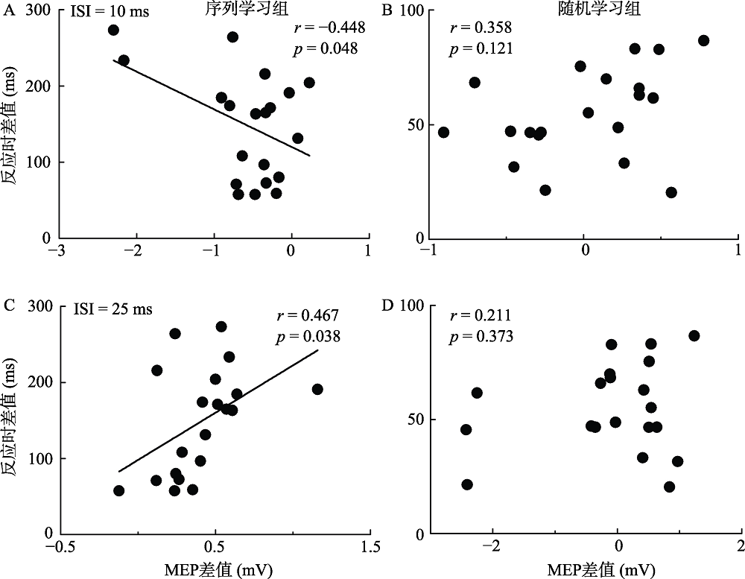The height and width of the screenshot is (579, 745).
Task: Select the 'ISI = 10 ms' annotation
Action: point(106,12)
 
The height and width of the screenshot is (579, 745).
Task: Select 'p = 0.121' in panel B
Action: point(481,50)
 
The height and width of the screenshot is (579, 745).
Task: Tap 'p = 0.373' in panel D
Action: point(481,337)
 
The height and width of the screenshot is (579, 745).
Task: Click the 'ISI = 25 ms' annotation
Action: point(112,309)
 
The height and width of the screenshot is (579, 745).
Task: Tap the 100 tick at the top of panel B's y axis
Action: point(410,11)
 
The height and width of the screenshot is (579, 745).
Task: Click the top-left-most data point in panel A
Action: point(113,30)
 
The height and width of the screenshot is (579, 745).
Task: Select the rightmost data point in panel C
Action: point(317,389)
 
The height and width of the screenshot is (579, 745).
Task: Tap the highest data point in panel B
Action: point(703,40)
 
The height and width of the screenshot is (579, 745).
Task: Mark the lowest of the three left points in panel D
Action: point(467,484)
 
